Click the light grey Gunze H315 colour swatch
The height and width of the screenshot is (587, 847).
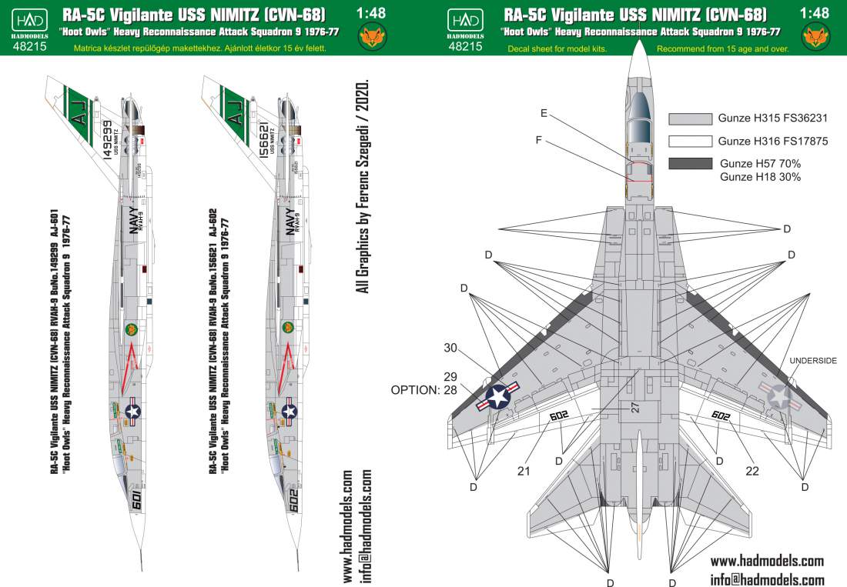coord(690,119)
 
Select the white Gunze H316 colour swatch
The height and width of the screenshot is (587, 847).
coord(690,142)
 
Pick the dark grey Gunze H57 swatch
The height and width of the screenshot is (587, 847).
coord(690,164)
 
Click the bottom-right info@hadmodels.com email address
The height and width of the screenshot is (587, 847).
coord(767,579)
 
